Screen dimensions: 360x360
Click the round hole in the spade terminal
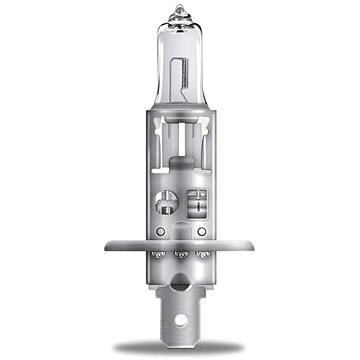click(x=179, y=322)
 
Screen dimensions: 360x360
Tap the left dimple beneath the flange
click(x=154, y=258)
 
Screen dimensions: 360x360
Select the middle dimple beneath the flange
click(x=180, y=258)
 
